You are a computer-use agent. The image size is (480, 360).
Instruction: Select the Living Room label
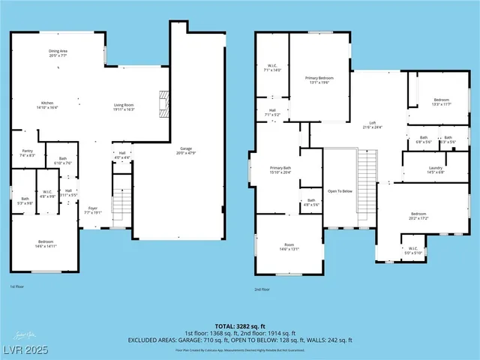click(124, 106)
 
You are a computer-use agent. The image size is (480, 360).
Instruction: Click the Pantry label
click(28, 152)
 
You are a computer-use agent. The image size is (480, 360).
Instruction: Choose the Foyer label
click(93, 210)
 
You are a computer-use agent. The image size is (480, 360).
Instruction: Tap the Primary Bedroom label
click(319, 79)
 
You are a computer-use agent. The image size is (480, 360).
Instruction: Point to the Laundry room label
click(436, 169)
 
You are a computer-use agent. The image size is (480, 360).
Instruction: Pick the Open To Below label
click(340, 190)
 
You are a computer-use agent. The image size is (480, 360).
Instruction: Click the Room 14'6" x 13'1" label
click(289, 247)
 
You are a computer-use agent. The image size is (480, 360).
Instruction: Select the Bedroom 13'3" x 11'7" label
click(442, 102)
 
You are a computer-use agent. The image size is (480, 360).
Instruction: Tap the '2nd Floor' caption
click(262, 289)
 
